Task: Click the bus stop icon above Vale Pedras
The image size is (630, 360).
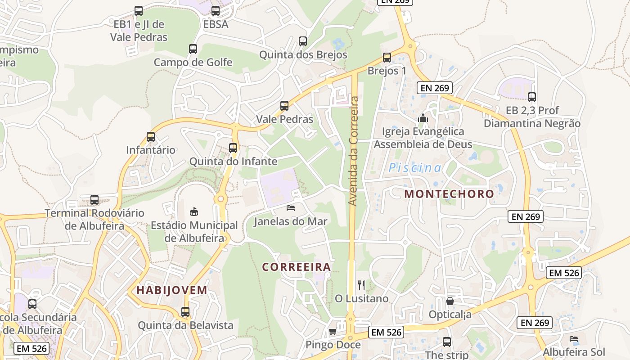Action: [x=284, y=106]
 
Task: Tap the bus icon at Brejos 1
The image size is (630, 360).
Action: [x=387, y=58]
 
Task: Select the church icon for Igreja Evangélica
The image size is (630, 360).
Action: [x=423, y=118]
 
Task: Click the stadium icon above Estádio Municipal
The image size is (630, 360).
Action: [x=194, y=211]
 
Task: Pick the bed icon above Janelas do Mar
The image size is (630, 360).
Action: [x=291, y=208]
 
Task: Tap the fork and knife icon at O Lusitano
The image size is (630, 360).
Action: [x=361, y=285]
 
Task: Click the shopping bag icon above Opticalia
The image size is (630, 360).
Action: [x=450, y=301]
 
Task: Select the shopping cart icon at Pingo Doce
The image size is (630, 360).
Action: [x=333, y=332]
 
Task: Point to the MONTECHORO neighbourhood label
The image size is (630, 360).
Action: [x=449, y=194]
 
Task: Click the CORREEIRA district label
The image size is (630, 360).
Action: [x=297, y=267]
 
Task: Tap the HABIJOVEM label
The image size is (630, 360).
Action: [x=172, y=290]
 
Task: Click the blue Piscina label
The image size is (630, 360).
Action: [x=415, y=168]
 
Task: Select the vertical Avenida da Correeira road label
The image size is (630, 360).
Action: [x=354, y=151]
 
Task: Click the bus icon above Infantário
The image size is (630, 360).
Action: [x=151, y=137]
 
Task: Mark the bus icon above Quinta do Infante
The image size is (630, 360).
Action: [x=233, y=148]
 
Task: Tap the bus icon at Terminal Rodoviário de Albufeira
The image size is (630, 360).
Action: [x=94, y=200]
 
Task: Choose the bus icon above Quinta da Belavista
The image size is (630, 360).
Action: [x=185, y=311]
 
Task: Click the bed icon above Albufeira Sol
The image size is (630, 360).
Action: [x=573, y=338]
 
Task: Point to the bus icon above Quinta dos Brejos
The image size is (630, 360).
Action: [x=303, y=41]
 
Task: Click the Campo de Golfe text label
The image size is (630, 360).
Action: [x=193, y=62]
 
